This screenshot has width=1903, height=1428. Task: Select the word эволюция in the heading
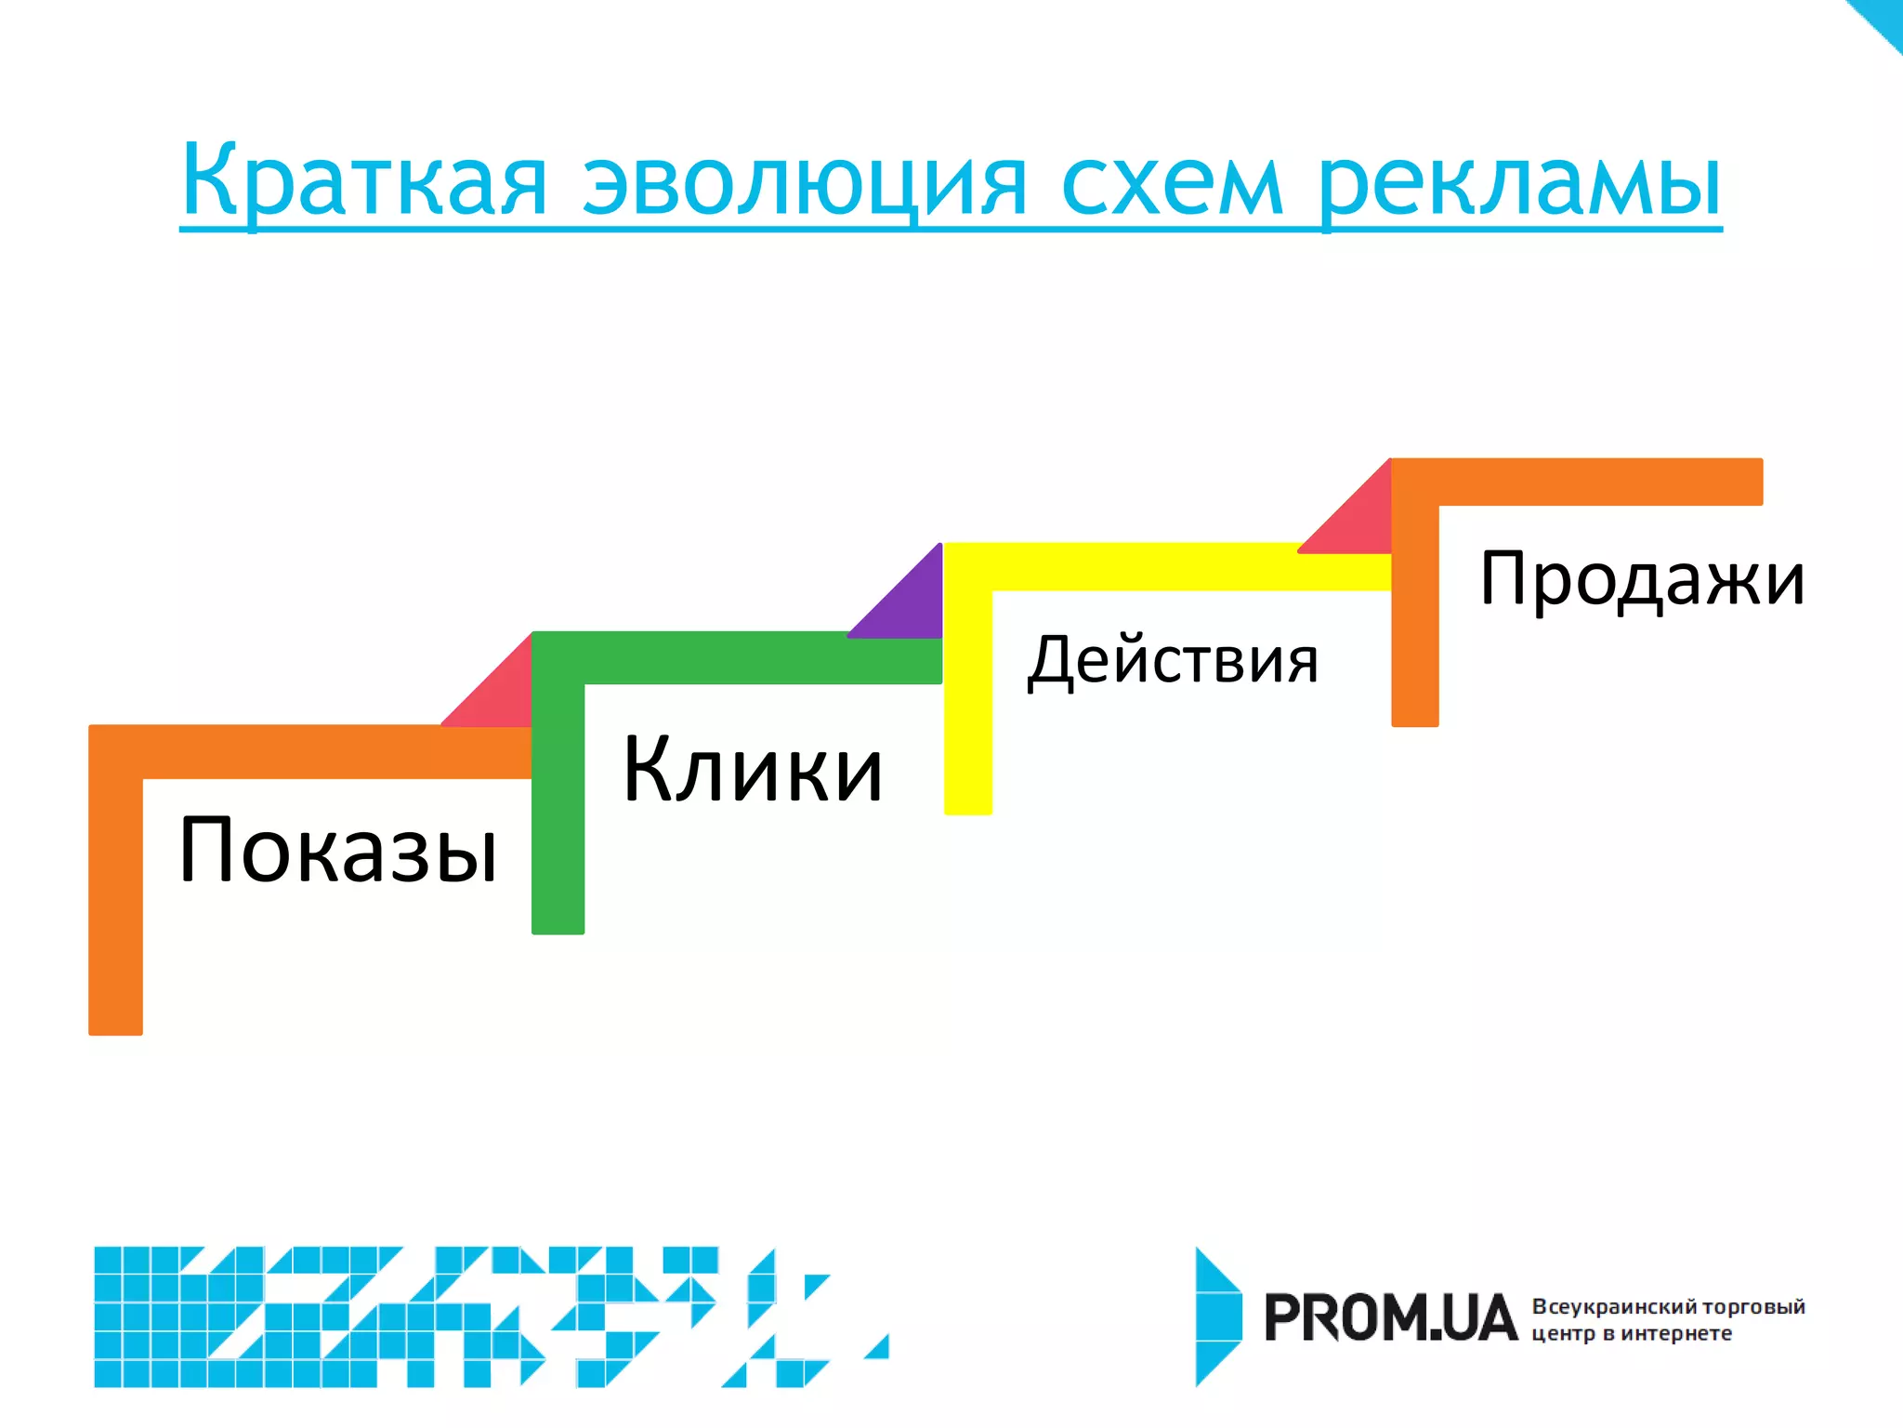click(805, 181)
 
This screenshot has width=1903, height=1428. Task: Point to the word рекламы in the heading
click(1519, 181)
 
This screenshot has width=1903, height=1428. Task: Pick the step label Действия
click(1173, 660)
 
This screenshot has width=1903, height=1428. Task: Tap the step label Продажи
click(1642, 578)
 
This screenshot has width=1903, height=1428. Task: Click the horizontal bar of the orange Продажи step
click(1598, 482)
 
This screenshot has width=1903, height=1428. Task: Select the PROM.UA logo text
click(1390, 1318)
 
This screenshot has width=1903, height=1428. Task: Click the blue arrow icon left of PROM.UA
click(1217, 1316)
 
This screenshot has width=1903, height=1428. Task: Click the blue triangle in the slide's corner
click(1882, 19)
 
